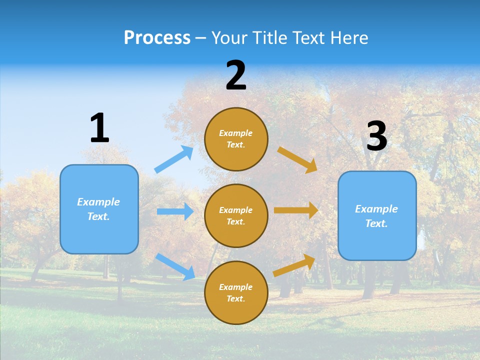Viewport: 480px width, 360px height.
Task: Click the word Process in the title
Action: [157, 38]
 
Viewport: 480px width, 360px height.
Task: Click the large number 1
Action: [99, 128]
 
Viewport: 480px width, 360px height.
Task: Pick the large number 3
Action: [376, 136]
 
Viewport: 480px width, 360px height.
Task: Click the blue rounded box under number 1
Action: [99, 209]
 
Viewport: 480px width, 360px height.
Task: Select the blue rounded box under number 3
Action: [377, 215]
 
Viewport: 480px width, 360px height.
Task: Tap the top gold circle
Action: [236, 139]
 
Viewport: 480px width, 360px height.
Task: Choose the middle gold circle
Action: [236, 215]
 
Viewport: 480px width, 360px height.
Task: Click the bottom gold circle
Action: [236, 292]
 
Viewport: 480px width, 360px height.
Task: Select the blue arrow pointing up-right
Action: [174, 159]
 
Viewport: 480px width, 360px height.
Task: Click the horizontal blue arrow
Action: [175, 211]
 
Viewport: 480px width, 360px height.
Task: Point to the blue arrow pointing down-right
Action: [175, 266]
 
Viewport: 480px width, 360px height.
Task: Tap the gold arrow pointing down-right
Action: [297, 160]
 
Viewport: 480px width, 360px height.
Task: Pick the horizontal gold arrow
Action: [296, 210]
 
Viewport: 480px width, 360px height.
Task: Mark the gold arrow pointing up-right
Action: [294, 265]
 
